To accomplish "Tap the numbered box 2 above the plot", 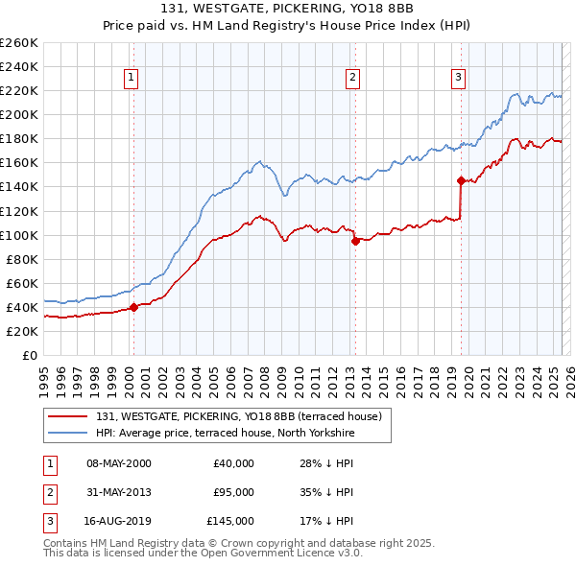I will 353,79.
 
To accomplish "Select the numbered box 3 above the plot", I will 459,79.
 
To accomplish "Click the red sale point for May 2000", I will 133,307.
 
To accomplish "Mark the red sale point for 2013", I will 355,241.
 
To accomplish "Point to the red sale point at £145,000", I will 461,180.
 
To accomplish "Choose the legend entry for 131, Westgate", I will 239,416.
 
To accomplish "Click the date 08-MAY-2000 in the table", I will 118,463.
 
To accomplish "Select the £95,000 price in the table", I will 233,493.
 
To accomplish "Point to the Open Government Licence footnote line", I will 188,554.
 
